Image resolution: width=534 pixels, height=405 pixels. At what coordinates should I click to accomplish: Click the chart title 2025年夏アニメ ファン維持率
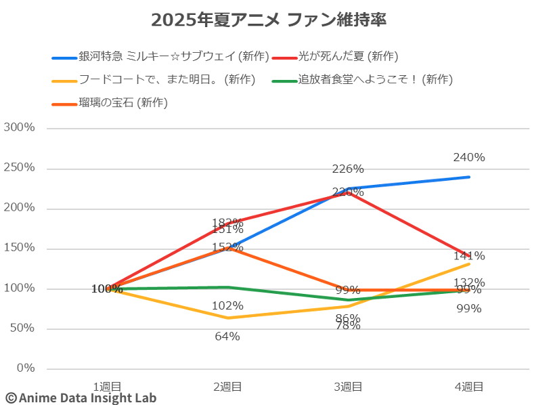tap(269, 20)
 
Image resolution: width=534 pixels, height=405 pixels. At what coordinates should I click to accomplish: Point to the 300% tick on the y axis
tap(20, 128)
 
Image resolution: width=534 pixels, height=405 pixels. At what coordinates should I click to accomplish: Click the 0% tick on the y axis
tap(26, 368)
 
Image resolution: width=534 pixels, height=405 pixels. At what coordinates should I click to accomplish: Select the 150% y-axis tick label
tap(20, 248)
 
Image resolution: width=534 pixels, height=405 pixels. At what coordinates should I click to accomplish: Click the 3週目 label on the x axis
tap(348, 387)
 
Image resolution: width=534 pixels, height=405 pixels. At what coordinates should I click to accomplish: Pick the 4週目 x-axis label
tap(468, 387)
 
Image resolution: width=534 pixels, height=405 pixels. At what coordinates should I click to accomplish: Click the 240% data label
tap(469, 158)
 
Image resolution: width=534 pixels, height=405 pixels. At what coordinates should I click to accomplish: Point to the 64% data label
tap(227, 336)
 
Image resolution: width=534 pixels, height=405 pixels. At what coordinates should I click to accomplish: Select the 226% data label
tap(348, 169)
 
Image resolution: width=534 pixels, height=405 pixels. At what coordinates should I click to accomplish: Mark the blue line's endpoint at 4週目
tap(469, 177)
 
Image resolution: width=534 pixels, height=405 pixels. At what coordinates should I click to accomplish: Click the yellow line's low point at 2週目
tap(227, 318)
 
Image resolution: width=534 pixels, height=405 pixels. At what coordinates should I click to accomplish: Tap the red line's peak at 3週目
tap(348, 193)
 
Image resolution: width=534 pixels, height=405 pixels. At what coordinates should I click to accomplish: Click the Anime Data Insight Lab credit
tap(81, 398)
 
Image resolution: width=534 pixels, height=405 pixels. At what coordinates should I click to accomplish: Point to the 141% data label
tap(469, 256)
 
